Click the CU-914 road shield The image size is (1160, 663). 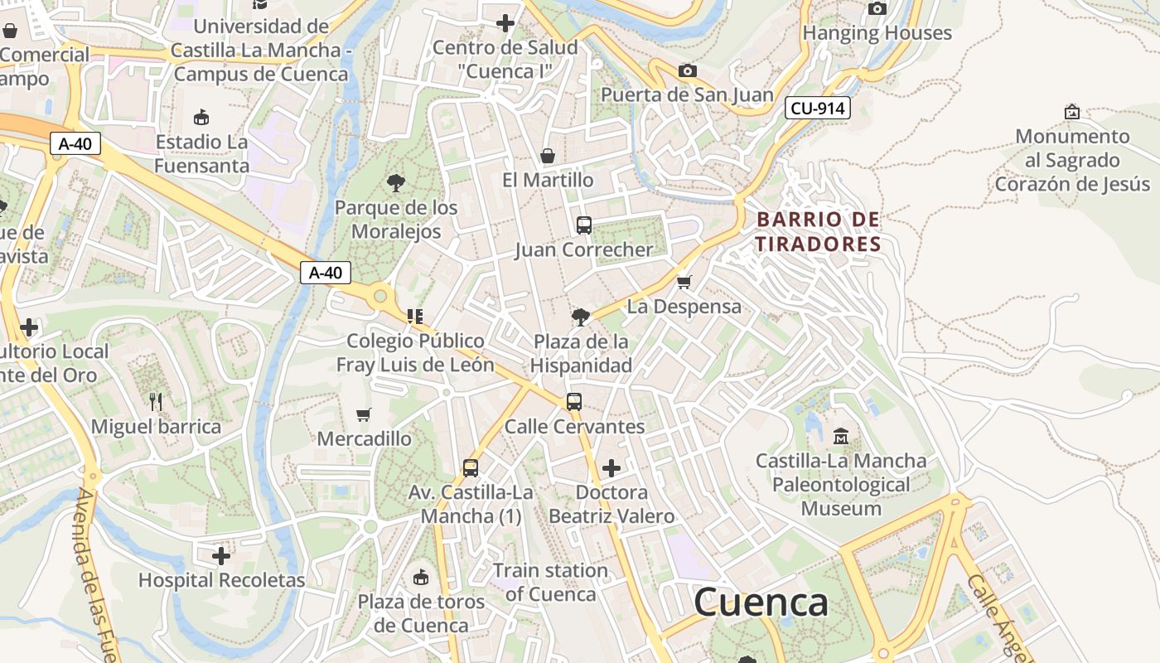pyautogui.click(x=817, y=108)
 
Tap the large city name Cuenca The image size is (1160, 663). pyautogui.click(x=761, y=602)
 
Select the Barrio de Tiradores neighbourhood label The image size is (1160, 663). pyautogui.click(x=818, y=232)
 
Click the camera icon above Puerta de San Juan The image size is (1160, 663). pyautogui.click(x=687, y=70)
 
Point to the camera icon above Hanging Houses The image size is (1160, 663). pyautogui.click(x=877, y=9)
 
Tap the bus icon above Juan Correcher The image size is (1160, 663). pyautogui.click(x=584, y=225)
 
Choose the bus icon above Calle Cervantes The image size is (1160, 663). pyautogui.click(x=574, y=402)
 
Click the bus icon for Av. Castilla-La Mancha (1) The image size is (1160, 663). pyautogui.click(x=471, y=468)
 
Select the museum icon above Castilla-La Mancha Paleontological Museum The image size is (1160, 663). pyautogui.click(x=841, y=435)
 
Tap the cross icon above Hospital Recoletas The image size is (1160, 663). pyautogui.click(x=221, y=555)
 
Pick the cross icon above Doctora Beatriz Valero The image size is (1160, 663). pyautogui.click(x=611, y=468)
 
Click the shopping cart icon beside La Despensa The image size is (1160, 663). pyautogui.click(x=684, y=283)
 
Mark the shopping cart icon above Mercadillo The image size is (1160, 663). pyautogui.click(x=364, y=414)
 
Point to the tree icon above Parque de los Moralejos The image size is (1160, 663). pyautogui.click(x=396, y=182)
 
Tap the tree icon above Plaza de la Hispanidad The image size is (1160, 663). pyautogui.click(x=581, y=317)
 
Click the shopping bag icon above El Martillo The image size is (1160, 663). pyautogui.click(x=548, y=156)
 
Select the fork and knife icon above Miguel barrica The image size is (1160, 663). pyautogui.click(x=156, y=402)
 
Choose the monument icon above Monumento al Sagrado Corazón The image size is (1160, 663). pyautogui.click(x=1072, y=111)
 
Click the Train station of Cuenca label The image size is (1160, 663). pyautogui.click(x=550, y=583)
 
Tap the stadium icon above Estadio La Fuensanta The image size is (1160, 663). pyautogui.click(x=201, y=117)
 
